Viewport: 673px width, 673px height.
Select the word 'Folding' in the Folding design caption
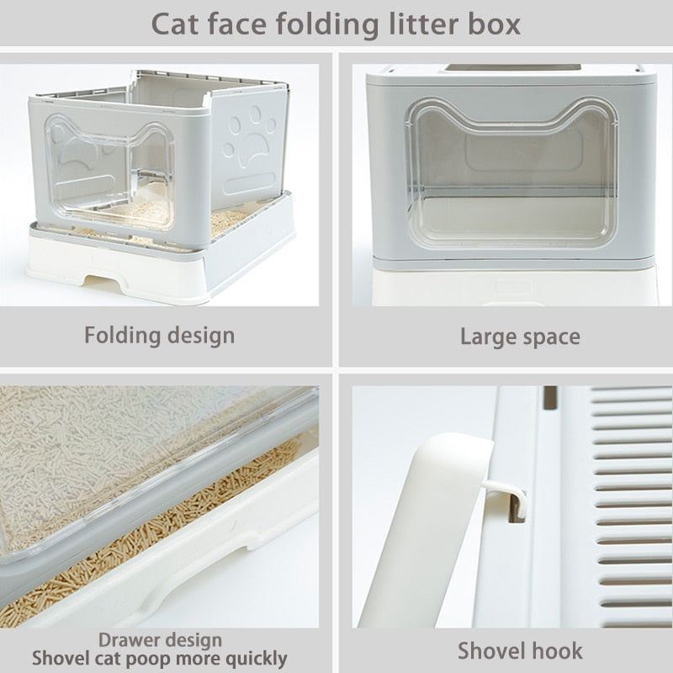[x=122, y=335]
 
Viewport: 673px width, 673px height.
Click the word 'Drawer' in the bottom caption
[x=130, y=640]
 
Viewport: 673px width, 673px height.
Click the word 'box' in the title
[x=496, y=23]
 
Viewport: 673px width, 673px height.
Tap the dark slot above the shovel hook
[x=549, y=397]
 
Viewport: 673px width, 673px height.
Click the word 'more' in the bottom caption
[x=202, y=659]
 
